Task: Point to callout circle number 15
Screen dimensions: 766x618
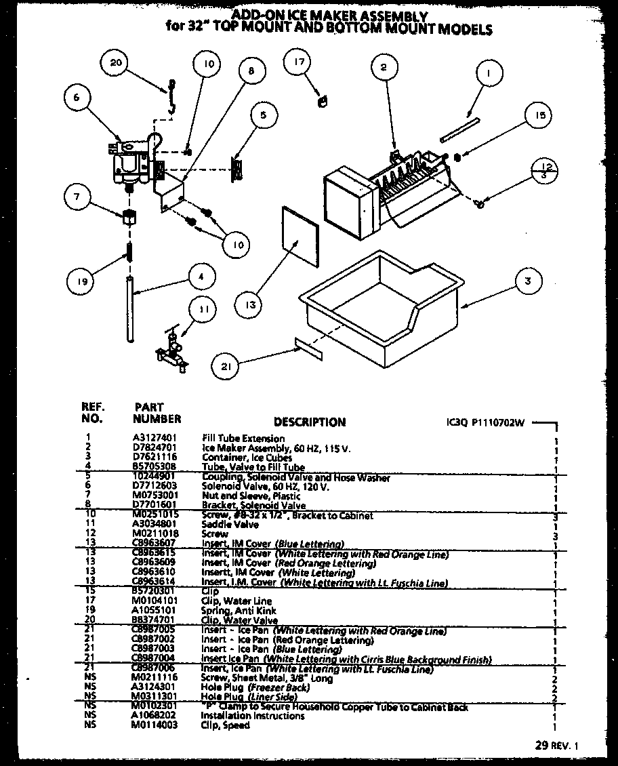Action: (539, 115)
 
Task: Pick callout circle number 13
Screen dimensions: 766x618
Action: (251, 305)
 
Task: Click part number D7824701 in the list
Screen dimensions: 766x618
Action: (156, 448)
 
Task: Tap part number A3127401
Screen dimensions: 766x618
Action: (156, 439)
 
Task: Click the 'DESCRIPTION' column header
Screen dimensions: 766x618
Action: (310, 422)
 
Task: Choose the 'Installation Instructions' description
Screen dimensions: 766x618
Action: (253, 716)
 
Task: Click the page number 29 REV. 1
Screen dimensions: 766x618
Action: (557, 746)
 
